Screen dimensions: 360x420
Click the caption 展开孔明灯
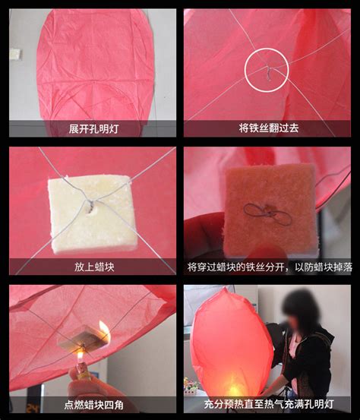93,129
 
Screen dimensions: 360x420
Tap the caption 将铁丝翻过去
269,128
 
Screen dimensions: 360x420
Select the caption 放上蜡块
94,267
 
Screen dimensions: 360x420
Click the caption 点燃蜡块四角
93,405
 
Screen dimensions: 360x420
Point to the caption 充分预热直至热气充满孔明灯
269,404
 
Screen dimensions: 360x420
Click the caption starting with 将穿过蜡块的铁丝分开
270,267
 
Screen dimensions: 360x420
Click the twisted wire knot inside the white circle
268,72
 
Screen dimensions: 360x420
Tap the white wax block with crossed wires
93,213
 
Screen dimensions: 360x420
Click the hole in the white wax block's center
91,210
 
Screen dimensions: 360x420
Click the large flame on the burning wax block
105,332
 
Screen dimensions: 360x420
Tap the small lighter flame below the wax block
80,356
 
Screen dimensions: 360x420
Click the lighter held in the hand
83,371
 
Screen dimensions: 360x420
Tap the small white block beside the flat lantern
16,54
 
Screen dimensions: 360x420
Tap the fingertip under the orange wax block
264,253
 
